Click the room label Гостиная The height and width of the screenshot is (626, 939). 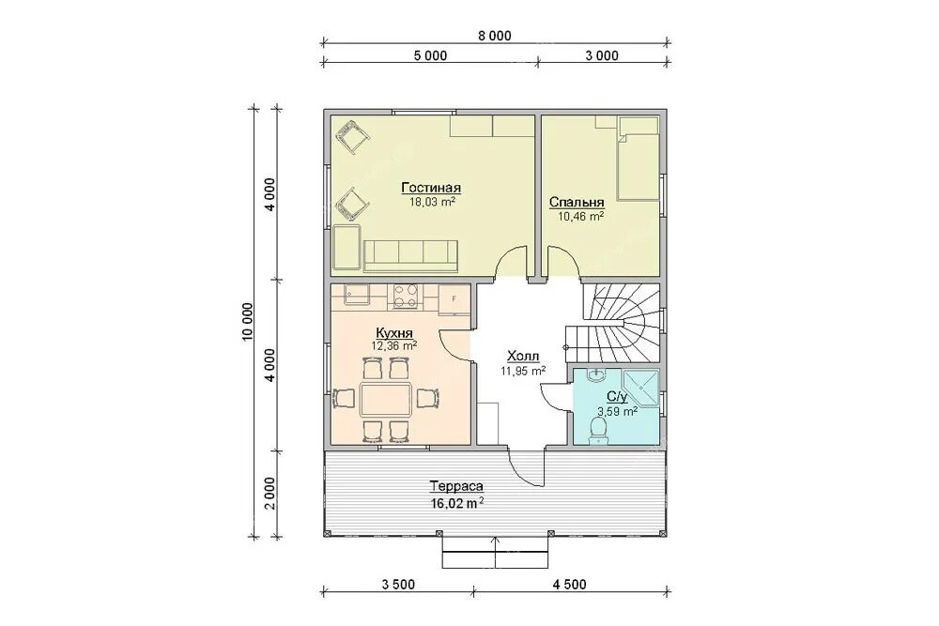(x=431, y=188)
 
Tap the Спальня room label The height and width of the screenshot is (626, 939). (x=577, y=203)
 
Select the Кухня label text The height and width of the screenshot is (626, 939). (x=394, y=333)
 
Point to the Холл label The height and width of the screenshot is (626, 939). (x=523, y=358)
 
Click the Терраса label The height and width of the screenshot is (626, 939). (x=456, y=487)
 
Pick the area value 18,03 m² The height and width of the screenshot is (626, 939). (x=432, y=202)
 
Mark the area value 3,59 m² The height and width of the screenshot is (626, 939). (x=617, y=411)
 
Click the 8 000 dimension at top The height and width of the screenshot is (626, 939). (x=495, y=36)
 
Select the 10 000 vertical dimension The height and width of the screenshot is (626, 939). (x=248, y=321)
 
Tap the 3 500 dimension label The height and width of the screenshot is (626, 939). (x=397, y=584)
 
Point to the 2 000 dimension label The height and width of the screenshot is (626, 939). (x=270, y=493)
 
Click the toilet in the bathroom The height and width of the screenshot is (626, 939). (x=597, y=429)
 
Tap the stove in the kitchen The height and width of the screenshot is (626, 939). (x=406, y=297)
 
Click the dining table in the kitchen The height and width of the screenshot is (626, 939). (x=386, y=401)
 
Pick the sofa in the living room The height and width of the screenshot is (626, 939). (x=411, y=255)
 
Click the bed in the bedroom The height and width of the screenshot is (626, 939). (x=638, y=158)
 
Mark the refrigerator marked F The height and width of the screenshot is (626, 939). (x=454, y=299)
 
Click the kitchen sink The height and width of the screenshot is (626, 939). (x=357, y=294)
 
